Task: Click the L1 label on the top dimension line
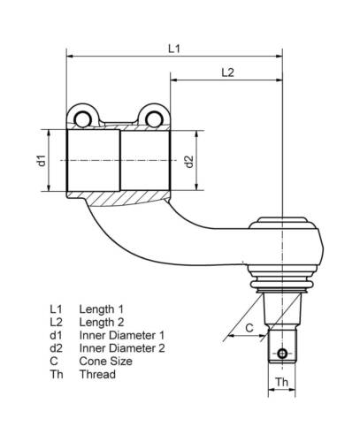click(x=174, y=50)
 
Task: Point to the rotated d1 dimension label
click(x=41, y=160)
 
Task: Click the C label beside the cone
click(x=249, y=328)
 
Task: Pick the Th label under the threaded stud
click(x=281, y=383)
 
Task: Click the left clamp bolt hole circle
click(x=83, y=118)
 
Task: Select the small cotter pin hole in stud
click(x=281, y=354)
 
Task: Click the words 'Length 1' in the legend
click(x=101, y=308)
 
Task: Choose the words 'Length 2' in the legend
click(x=101, y=321)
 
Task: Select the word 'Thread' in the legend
click(x=97, y=374)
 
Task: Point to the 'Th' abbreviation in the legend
click(x=57, y=374)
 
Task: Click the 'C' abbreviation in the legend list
click(x=54, y=361)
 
